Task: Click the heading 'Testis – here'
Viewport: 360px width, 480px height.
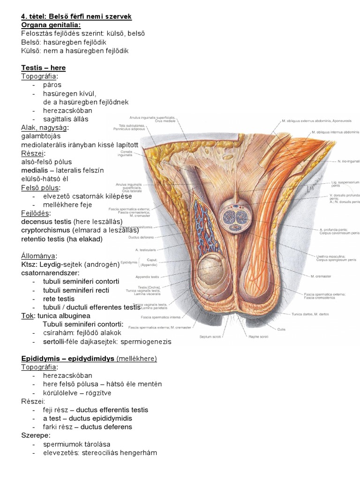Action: point(43,67)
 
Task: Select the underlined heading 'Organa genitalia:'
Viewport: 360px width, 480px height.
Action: point(51,25)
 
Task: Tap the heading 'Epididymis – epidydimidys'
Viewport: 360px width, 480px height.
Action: point(67,359)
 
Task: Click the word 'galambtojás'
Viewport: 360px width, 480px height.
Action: point(41,136)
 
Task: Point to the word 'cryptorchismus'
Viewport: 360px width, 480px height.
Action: point(45,230)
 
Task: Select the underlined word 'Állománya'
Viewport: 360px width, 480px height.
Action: point(38,256)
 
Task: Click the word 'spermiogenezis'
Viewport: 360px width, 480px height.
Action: point(148,341)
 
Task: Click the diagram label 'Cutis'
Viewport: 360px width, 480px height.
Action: point(308,329)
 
